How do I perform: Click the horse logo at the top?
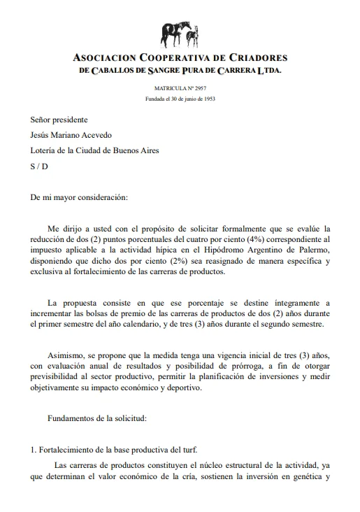tap(179, 32)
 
